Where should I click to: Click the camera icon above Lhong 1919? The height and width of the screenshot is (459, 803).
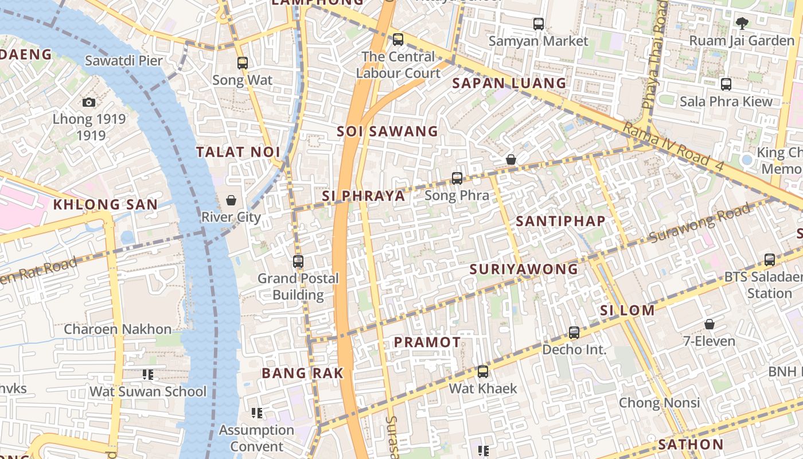pos(89,102)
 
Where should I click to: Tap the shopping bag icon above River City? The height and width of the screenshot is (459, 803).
pos(231,200)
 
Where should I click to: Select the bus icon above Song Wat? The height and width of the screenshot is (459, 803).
pos(243,63)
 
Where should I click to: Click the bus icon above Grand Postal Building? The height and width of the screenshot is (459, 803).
pos(298,262)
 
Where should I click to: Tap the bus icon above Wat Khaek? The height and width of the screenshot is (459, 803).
pos(483,372)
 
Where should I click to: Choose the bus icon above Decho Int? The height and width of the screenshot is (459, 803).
pos(574,333)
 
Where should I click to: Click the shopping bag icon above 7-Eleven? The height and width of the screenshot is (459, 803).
pos(710,324)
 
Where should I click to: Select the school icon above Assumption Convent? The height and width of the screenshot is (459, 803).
pos(257,413)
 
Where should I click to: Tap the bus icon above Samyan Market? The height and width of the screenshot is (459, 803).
pos(539,24)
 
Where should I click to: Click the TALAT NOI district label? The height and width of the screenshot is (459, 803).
pos(238,152)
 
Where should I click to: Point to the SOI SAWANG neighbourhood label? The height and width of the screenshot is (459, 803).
pos(387,131)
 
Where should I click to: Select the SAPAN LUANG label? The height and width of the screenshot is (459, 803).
pos(509,83)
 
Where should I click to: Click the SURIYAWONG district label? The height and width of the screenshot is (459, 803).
pos(524,269)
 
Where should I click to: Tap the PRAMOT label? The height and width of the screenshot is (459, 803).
pos(427,343)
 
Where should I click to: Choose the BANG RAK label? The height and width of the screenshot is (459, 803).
pos(303,373)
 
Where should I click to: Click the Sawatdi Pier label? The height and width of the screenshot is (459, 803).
pos(124,61)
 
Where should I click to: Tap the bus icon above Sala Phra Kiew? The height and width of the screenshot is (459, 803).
pos(726,84)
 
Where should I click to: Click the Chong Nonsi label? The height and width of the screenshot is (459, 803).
pos(659,403)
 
